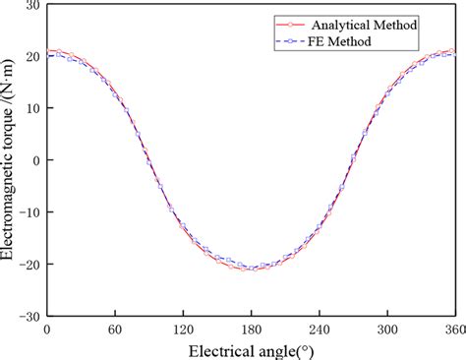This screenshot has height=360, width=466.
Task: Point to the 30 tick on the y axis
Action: tap(32, 5)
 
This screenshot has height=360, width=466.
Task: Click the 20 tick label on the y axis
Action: tap(32, 57)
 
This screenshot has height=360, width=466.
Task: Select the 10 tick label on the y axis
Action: tap(32, 108)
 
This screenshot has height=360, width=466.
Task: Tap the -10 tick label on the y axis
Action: tap(29, 212)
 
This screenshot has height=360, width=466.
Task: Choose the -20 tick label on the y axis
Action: tap(29, 265)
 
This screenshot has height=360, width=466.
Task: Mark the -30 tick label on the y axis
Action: tap(29, 317)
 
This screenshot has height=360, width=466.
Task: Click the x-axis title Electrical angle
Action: tap(251, 348)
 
